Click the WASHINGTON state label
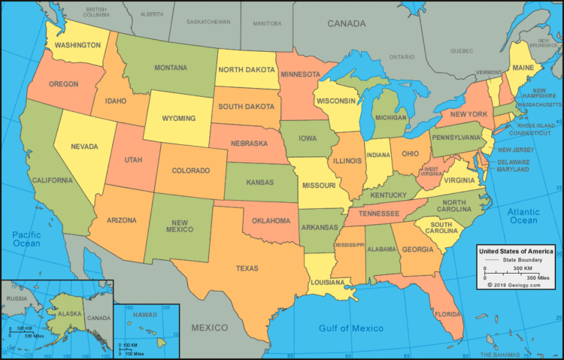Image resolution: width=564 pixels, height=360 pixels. (78, 44)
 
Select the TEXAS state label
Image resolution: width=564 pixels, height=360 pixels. (247, 268)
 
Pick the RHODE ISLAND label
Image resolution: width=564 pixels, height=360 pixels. (535, 125)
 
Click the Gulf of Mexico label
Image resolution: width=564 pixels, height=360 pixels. (351, 328)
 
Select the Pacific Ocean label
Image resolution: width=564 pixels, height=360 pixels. (26, 240)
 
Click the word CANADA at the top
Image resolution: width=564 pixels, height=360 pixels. (346, 24)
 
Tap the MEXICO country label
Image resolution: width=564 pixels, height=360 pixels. (209, 328)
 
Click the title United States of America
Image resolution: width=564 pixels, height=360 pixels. (516, 250)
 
